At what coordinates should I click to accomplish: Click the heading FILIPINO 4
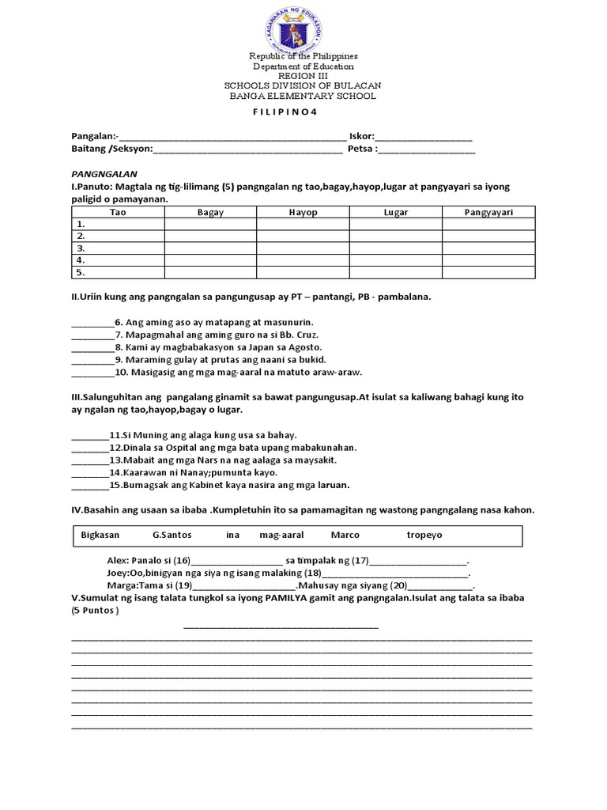284,112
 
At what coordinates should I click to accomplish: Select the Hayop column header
303,212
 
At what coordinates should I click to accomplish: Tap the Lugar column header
395,212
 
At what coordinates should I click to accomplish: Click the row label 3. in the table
80,248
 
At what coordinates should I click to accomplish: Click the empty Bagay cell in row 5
210,272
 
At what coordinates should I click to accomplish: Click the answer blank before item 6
92,323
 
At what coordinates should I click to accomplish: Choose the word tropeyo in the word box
424,536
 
